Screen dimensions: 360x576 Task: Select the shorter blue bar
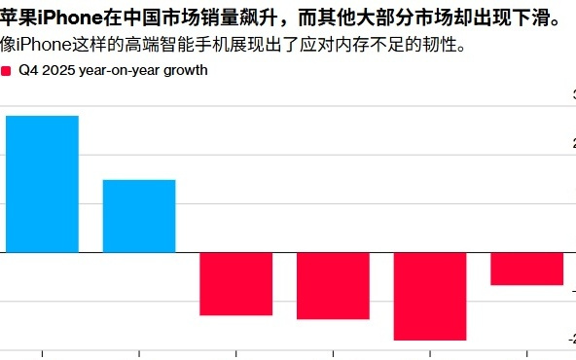[x=139, y=215]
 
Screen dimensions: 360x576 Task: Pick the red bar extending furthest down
[x=430, y=296]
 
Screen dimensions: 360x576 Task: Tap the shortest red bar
[x=526, y=269]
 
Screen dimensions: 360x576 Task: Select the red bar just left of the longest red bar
[x=333, y=285]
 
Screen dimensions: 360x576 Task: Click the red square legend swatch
[x=7, y=71]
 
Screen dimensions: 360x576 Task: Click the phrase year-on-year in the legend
[x=119, y=71]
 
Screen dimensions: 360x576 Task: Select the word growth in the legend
[x=186, y=71]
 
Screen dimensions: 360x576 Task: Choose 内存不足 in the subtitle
[x=372, y=46]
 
